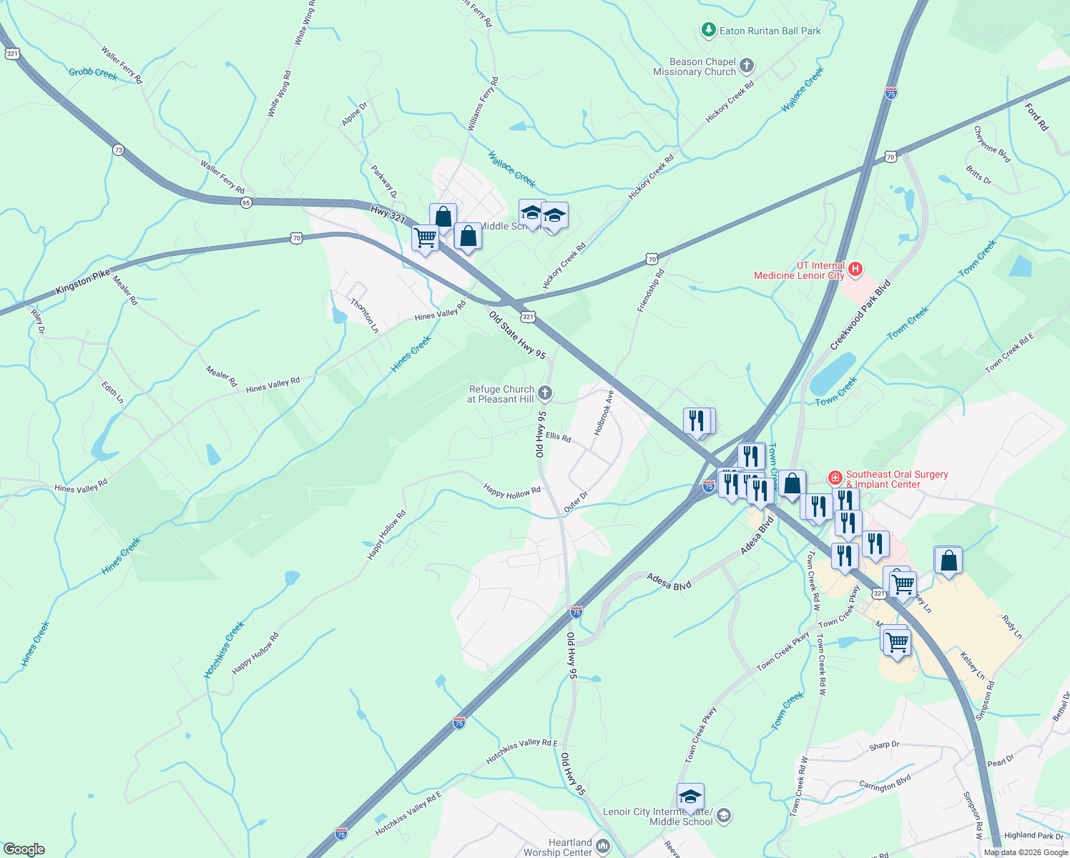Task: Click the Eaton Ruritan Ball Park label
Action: [770, 31]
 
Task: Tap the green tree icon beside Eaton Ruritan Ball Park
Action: [708, 30]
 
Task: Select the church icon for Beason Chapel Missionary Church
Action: [746, 66]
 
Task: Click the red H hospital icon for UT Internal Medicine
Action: [855, 270]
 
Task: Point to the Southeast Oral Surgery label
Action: [896, 479]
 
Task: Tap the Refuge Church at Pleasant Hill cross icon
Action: [545, 393]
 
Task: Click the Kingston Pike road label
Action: [83, 282]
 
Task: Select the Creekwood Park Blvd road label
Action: [860, 315]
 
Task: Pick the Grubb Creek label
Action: [93, 73]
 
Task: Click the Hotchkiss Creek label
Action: [224, 649]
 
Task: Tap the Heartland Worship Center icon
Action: [603, 847]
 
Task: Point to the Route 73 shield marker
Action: [118, 149]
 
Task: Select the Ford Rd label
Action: [1036, 117]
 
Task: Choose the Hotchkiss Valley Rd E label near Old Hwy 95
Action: [521, 751]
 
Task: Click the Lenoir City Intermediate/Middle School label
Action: [657, 817]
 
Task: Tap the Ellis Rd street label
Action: [558, 436]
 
